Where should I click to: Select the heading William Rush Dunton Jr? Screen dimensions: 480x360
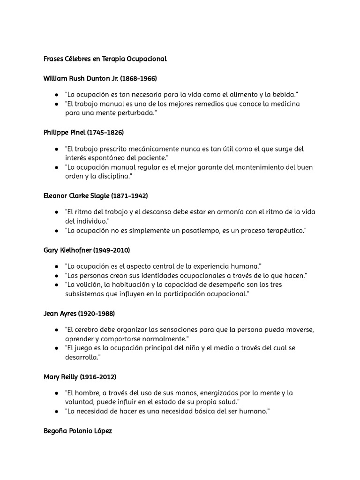coord(100,78)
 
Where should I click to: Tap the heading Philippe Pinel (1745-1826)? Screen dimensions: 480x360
coord(83,133)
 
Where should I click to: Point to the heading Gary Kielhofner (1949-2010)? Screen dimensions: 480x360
coord(87,250)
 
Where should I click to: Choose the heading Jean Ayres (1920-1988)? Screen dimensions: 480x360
coord(79,313)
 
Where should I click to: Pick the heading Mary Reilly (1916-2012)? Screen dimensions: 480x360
coord(80,376)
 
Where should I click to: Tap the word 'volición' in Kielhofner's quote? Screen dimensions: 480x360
coord(90,285)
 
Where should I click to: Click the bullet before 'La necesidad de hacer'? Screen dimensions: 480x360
coord(56,412)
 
